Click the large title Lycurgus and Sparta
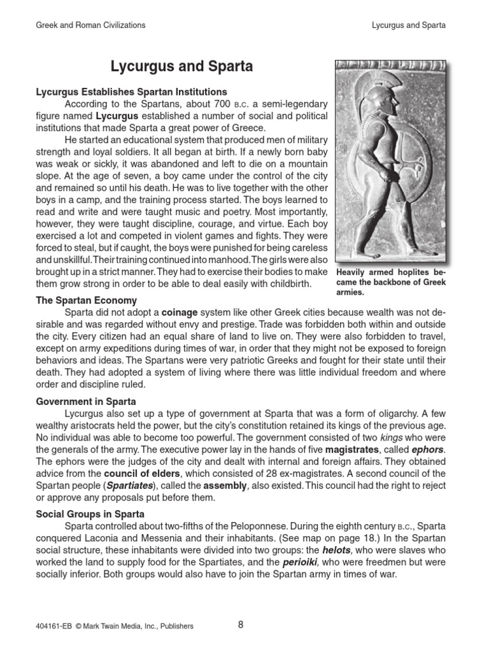point(182,66)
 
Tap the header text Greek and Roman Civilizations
point(90,25)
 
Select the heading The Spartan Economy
point(86,301)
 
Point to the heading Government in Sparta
point(85,402)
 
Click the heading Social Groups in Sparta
point(90,514)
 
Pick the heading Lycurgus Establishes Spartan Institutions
point(131,92)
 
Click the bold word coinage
point(180,312)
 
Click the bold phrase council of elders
point(138,474)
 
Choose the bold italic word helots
point(336,550)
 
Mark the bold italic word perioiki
point(301,562)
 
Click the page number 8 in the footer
point(241,625)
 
